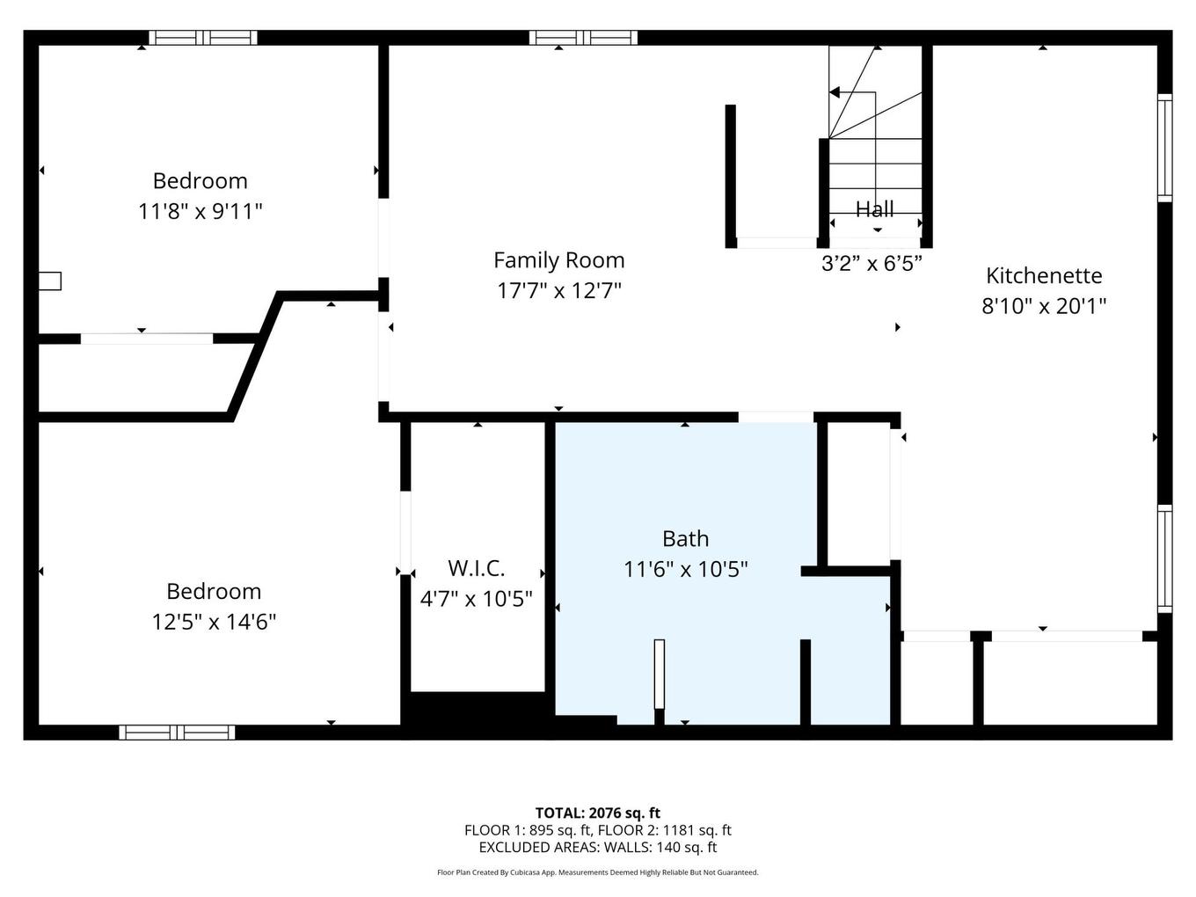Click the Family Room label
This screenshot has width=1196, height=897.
(558, 260)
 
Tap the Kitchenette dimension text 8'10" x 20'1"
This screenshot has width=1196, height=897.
(1043, 306)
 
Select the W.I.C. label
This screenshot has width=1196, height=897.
(476, 568)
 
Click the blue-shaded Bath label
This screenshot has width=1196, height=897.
(685, 538)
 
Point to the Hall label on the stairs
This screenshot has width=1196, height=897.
(874, 209)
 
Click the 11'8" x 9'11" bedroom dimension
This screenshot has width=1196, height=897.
(201, 211)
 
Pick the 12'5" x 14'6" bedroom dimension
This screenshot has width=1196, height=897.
(214, 622)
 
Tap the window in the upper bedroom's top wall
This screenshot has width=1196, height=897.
(202, 38)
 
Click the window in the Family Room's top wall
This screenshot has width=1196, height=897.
(582, 38)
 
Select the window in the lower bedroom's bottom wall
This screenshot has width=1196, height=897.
(177, 732)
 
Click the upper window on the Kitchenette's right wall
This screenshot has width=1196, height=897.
(1164, 148)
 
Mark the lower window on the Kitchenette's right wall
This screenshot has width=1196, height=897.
(1164, 558)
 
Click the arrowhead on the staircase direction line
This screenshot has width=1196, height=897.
(835, 92)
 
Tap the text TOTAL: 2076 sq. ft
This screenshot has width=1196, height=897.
(597, 813)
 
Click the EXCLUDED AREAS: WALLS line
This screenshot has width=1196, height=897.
(597, 848)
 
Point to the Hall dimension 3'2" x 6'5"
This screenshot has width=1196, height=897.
(871, 264)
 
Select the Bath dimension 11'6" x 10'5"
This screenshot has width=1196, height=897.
(685, 569)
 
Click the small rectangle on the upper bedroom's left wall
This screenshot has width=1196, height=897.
(49, 281)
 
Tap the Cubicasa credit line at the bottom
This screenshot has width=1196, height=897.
(597, 872)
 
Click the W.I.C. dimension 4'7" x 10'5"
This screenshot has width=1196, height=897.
(476, 599)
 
